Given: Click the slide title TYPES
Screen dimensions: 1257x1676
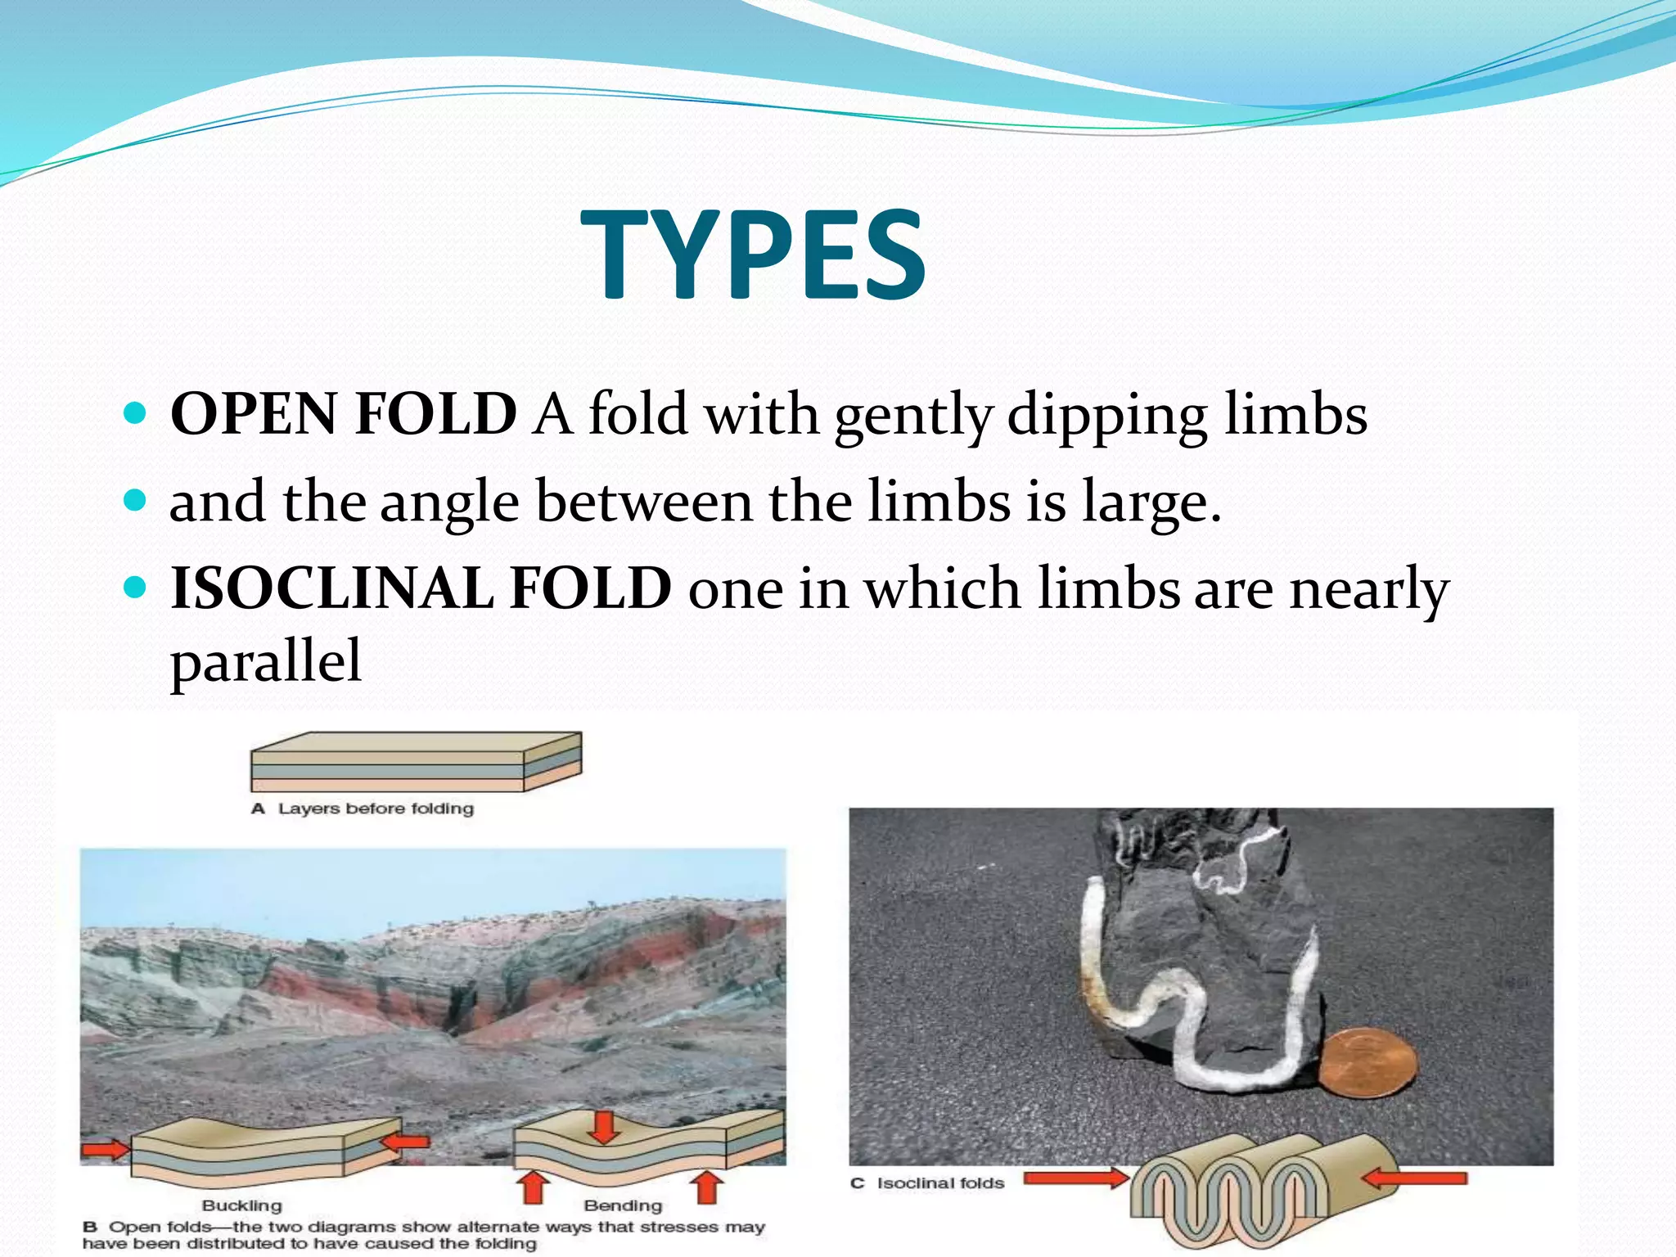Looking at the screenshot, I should click(x=753, y=255).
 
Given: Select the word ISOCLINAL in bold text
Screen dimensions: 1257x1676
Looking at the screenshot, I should click(x=332, y=588).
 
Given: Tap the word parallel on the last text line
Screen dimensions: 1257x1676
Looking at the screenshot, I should click(x=265, y=661).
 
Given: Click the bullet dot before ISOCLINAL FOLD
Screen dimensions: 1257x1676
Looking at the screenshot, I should click(x=136, y=587).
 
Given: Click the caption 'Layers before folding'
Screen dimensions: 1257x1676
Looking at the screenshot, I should click(x=376, y=809).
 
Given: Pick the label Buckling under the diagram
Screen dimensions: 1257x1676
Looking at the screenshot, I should click(x=241, y=1205).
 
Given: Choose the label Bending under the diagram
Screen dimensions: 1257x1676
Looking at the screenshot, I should click(x=623, y=1205).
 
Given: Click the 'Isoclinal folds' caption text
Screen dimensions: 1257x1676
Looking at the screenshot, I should click(x=940, y=1183).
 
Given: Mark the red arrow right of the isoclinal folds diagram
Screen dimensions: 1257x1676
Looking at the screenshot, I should click(x=1414, y=1178).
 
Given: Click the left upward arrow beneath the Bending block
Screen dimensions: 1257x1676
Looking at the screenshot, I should click(x=534, y=1186).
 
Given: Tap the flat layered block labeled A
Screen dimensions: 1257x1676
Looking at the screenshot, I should click(x=416, y=762).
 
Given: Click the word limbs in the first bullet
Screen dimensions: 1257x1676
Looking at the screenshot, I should click(x=1295, y=414).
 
